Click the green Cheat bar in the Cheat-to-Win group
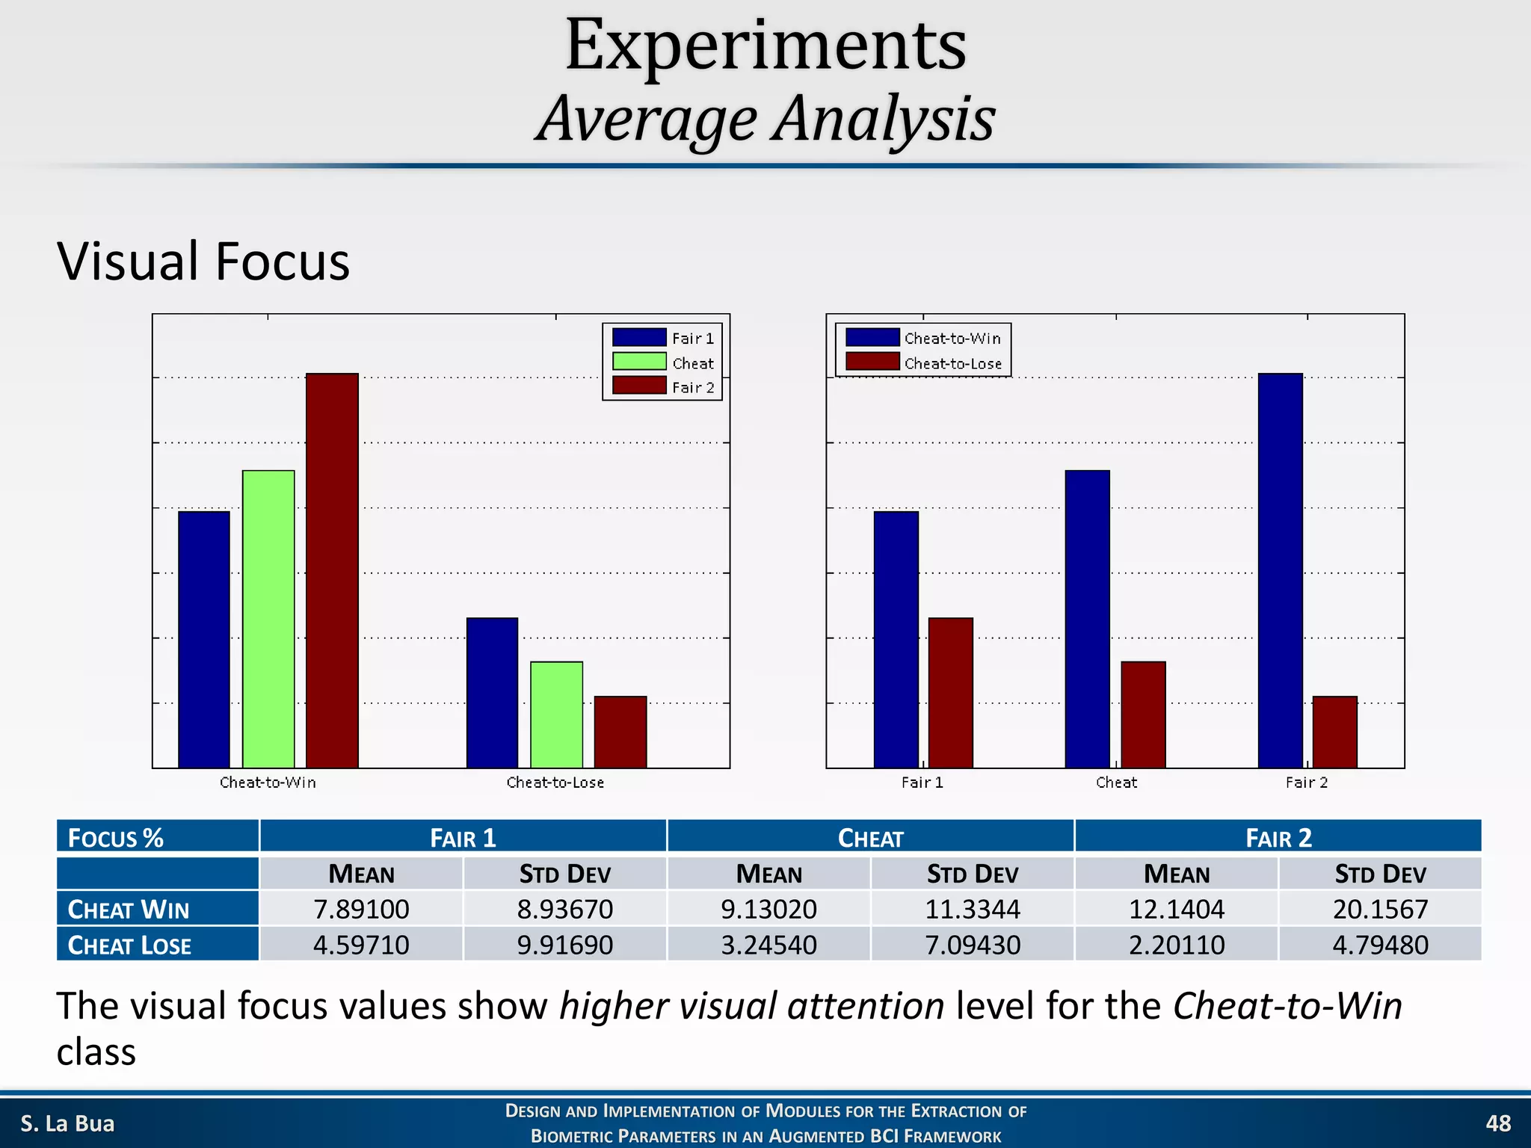pyautogui.click(x=268, y=619)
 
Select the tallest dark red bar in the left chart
pyautogui.click(x=332, y=570)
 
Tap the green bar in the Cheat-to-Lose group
pyautogui.click(x=556, y=715)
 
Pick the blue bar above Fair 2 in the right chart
pyautogui.click(x=1280, y=570)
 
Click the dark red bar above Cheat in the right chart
pyautogui.click(x=1143, y=715)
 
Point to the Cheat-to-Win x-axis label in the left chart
pyautogui.click(x=268, y=783)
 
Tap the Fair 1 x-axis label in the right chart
pyautogui.click(x=922, y=783)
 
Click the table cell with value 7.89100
pyautogui.click(x=361, y=909)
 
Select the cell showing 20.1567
pyautogui.click(x=1380, y=909)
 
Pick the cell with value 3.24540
pyautogui.click(x=768, y=945)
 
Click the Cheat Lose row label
pyautogui.click(x=129, y=945)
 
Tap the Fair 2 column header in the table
pyautogui.click(x=1278, y=838)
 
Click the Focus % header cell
pyautogui.click(x=116, y=838)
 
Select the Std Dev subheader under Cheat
pyautogui.click(x=972, y=874)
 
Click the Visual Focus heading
pyautogui.click(x=203, y=262)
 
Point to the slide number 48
pyautogui.click(x=1497, y=1123)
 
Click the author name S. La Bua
pyautogui.click(x=67, y=1123)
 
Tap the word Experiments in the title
pyautogui.click(x=765, y=46)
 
